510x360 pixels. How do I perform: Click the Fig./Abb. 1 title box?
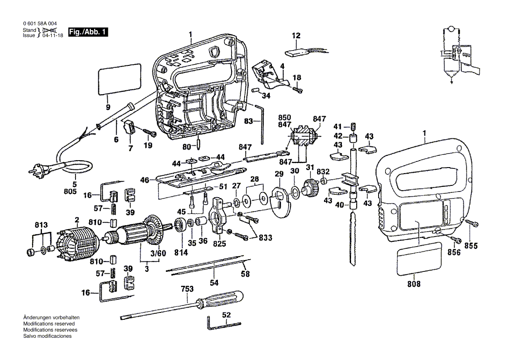pyautogui.click(x=87, y=32)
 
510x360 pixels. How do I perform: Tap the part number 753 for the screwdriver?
pyautogui.click(x=188, y=289)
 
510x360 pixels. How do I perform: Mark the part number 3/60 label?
pyautogui.click(x=158, y=253)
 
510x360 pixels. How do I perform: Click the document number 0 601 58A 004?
pyautogui.click(x=39, y=24)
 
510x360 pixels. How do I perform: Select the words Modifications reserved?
pyautogui.click(x=48, y=324)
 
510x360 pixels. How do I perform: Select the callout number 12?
pyautogui.click(x=296, y=35)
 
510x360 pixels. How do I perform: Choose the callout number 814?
pyautogui.click(x=181, y=253)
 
